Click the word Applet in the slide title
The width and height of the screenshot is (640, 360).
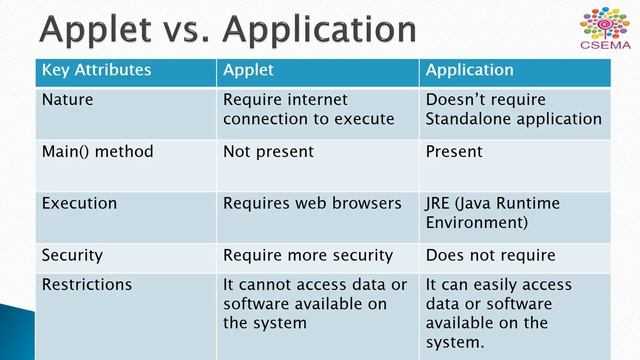point(95,30)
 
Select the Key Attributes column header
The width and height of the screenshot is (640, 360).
point(96,70)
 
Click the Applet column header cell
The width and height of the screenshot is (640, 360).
point(248,70)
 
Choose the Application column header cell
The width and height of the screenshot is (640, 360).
point(469,70)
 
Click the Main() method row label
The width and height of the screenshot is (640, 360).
point(97,152)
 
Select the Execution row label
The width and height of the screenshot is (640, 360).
point(79,203)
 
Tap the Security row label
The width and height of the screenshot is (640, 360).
point(72,255)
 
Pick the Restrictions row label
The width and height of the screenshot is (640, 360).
point(86,285)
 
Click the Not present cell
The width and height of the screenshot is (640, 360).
point(268,152)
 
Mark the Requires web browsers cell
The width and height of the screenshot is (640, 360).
point(312,203)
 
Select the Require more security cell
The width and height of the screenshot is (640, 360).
point(308,255)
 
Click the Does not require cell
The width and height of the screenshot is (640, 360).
point(490,255)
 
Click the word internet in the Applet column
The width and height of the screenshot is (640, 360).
point(315,100)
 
